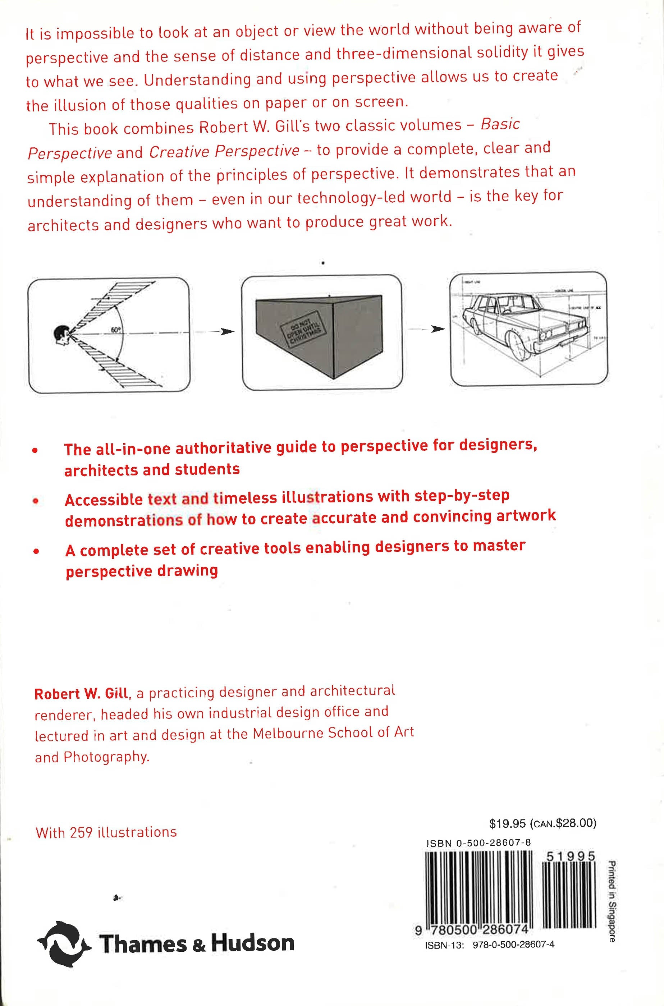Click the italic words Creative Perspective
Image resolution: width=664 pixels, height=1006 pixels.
click(x=224, y=151)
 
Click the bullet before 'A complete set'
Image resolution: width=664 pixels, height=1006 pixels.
click(x=37, y=551)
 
